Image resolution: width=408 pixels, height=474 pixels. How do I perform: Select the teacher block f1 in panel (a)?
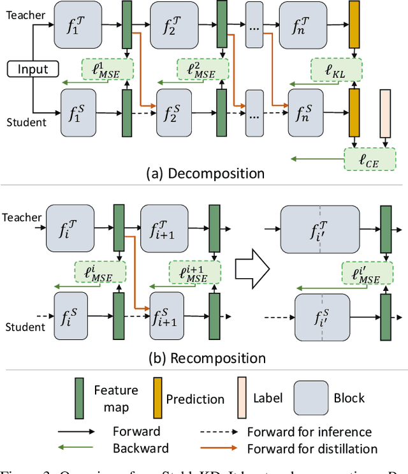[78, 24]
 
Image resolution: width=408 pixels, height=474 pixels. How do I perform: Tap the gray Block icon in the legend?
[310, 397]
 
